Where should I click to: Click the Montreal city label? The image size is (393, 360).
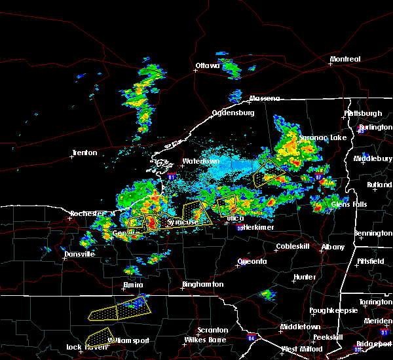click(345, 60)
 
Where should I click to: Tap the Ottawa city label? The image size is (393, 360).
click(210, 65)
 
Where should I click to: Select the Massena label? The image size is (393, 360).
click(264, 99)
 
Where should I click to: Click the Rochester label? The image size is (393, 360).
click(87, 214)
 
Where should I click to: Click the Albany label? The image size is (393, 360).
click(333, 247)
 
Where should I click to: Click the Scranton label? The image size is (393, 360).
click(214, 331)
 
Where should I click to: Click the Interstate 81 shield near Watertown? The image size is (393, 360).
click(171, 177)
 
